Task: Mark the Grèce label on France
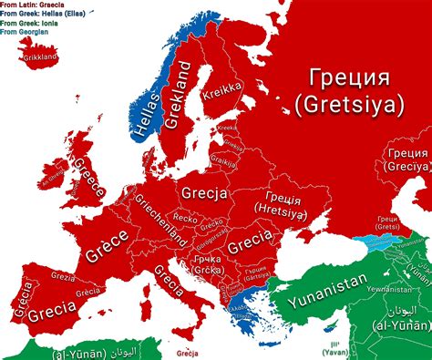coord(106,245)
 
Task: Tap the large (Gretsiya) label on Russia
coord(348,106)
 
